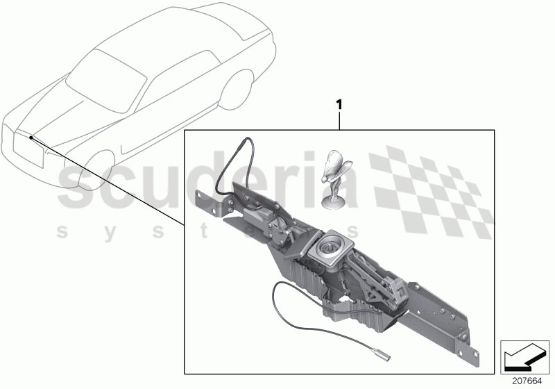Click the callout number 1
pos(339,105)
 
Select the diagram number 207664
pos(527,381)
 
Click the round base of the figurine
pos(334,203)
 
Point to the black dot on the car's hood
pos(31,137)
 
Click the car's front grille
pos(28,149)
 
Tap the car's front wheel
pos(96,169)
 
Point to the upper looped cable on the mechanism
pos(234,167)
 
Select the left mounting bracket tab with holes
pos(208,204)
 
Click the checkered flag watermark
pos(432,191)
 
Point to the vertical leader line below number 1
pos(339,120)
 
